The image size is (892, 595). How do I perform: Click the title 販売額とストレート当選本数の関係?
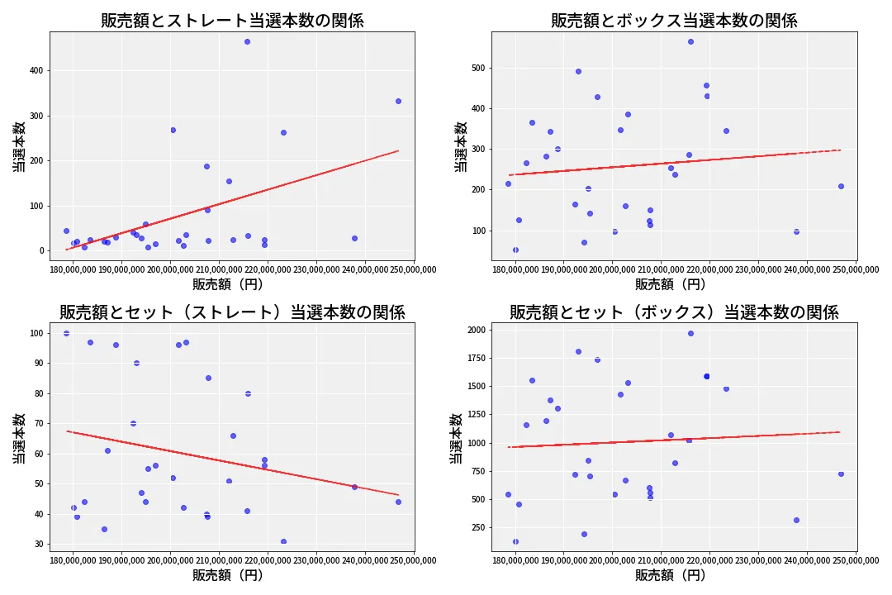click(232, 21)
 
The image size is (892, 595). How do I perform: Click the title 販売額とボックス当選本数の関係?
click(674, 21)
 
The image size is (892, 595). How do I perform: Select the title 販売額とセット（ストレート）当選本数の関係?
click(232, 312)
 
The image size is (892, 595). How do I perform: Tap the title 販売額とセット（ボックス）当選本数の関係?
click(674, 312)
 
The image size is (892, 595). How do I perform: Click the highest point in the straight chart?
click(247, 41)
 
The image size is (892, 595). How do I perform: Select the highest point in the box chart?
click(690, 41)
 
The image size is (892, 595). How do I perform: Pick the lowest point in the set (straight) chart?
click(283, 542)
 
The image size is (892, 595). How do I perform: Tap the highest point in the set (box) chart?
click(690, 333)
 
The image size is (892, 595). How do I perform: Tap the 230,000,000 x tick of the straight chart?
click(316, 269)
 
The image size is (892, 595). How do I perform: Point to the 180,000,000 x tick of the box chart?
click(515, 269)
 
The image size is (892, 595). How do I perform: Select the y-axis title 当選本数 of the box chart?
click(461, 146)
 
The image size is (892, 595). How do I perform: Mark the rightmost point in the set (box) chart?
click(841, 474)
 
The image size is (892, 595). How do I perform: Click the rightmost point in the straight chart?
click(398, 101)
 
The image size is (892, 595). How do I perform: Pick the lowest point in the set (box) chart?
click(515, 541)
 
